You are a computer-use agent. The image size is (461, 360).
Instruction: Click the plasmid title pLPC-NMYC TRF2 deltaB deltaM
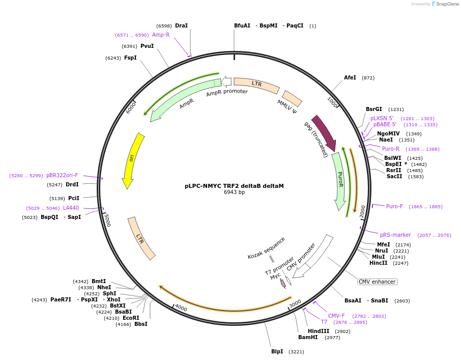pos(234,186)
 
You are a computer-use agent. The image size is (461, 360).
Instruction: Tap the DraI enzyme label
pos(181,25)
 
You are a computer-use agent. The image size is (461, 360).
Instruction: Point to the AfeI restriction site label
pos(350,78)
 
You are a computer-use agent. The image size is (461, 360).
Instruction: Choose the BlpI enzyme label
pos(277,351)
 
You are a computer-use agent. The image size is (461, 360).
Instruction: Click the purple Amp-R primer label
pos(160,35)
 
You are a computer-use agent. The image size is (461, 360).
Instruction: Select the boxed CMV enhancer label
pos(377,282)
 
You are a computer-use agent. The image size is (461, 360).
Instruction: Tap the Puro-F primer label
pos(394,206)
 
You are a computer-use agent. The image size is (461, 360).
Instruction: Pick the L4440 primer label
pos(71,208)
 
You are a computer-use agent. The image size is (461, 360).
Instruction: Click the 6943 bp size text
pos(234,192)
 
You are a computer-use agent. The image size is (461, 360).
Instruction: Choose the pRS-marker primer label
pos(395,235)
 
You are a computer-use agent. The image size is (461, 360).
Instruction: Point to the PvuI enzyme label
pos(147,46)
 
